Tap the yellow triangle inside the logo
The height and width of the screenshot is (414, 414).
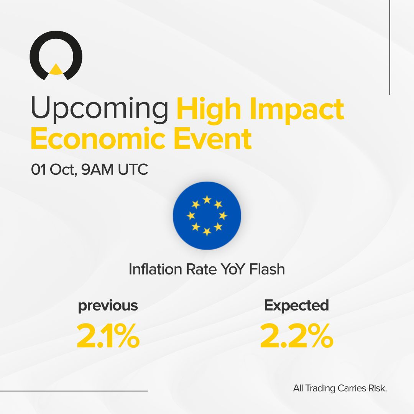click(56, 69)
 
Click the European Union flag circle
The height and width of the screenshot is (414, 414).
click(207, 215)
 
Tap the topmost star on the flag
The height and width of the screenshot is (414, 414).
click(207, 199)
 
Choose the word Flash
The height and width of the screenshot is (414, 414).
click(267, 269)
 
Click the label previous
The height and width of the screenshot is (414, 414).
click(108, 306)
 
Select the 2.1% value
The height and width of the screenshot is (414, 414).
click(108, 336)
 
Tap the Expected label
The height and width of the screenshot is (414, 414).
click(296, 305)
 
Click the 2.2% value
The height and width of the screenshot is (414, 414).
click(296, 336)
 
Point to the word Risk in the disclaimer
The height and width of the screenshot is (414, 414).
click(378, 388)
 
